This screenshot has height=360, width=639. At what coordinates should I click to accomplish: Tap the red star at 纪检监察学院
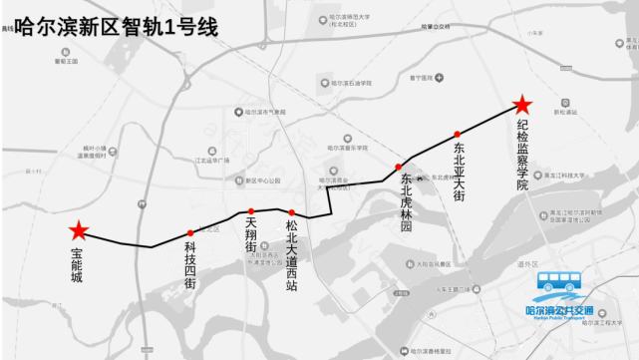coord(521,105)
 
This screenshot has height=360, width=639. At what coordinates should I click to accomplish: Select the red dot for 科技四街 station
coord(190,232)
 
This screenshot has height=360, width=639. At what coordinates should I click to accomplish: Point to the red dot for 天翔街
coord(251,211)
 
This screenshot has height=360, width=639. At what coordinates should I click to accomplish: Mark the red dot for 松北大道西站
coord(291,212)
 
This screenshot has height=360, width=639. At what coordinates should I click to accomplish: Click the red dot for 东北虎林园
coord(398,167)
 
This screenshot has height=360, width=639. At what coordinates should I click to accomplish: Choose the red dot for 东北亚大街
coord(457,134)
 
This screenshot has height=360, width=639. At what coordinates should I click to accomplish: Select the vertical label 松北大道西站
coord(291,255)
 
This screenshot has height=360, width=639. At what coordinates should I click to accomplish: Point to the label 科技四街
coord(190,265)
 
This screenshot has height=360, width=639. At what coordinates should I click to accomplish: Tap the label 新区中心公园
coord(256,180)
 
